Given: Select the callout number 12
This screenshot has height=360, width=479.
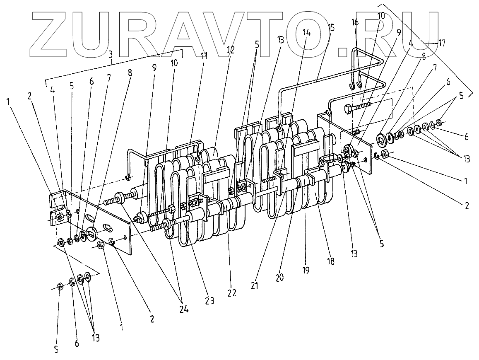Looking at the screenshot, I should coord(230,50).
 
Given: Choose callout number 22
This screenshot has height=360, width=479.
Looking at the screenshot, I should coord(231,292).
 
